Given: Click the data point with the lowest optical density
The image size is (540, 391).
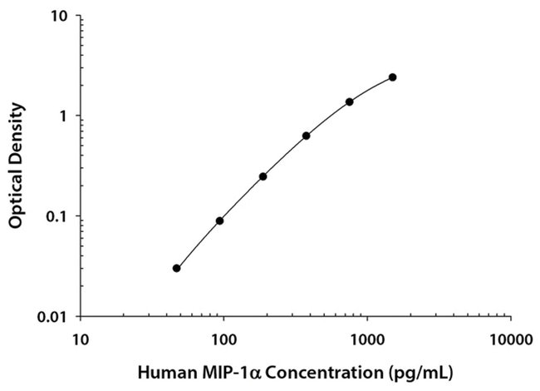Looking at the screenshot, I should [176, 268].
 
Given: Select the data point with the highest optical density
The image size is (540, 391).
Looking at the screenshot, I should [392, 77].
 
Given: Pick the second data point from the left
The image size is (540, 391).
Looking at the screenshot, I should [219, 220].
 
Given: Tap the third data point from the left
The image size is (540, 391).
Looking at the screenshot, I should [263, 176].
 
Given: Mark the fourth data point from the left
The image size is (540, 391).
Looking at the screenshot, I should [306, 136].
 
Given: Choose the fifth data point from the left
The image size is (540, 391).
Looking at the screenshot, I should [349, 101].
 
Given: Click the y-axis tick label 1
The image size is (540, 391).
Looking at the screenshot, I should [64, 116].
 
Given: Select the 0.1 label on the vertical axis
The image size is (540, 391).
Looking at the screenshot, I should [57, 216].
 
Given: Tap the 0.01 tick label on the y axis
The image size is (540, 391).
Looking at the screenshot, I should [53, 316].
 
